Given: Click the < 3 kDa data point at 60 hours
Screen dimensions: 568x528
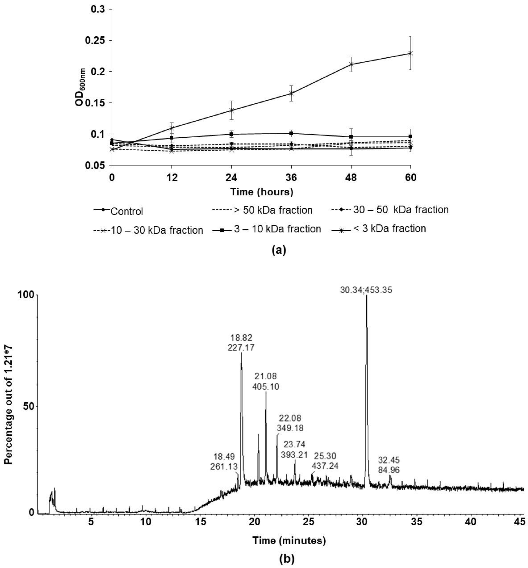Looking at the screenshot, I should pos(410,53).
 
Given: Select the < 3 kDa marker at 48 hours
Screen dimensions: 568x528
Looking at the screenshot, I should pos(351,64).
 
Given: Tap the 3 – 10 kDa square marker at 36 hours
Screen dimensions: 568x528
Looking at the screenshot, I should pos(291,133).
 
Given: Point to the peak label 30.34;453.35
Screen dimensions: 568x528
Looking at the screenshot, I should pos(366,290).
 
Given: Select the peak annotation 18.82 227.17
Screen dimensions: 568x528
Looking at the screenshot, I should pos(242,343).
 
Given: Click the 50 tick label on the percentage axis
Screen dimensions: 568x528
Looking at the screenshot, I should pos(26,406).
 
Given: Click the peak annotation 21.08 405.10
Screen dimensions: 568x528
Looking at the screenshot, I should pos(266,381).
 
